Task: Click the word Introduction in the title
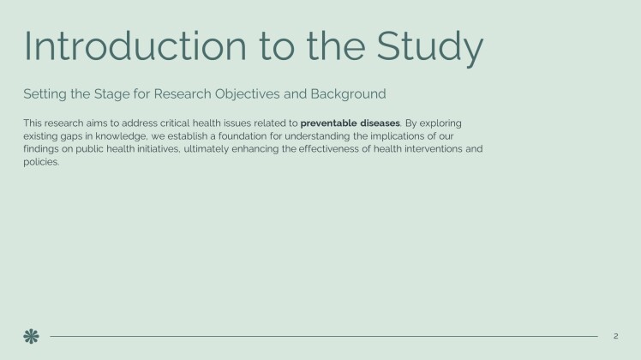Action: (x=135, y=45)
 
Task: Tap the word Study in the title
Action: (x=429, y=48)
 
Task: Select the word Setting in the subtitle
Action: (x=45, y=94)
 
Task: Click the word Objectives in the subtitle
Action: (x=248, y=94)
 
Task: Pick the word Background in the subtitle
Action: (x=348, y=94)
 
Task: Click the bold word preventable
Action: (x=328, y=123)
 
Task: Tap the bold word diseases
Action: (x=380, y=123)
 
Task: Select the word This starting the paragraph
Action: (x=33, y=123)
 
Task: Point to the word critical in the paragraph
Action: (x=175, y=123)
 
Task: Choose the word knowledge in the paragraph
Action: (x=122, y=136)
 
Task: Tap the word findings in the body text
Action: (x=41, y=149)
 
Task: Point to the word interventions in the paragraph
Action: (x=434, y=149)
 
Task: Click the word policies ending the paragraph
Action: (x=41, y=162)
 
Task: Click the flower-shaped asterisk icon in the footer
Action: (x=31, y=336)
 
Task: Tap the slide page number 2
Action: (x=615, y=336)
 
